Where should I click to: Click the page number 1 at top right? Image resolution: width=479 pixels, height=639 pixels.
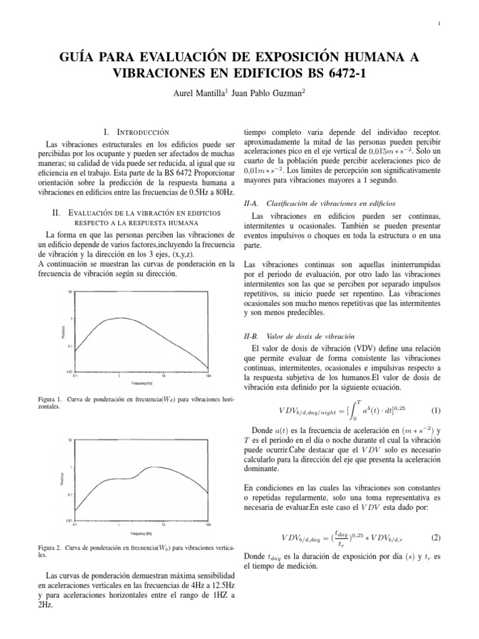(440, 25)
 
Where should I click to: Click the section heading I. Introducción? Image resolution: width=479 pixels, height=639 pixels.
(136, 132)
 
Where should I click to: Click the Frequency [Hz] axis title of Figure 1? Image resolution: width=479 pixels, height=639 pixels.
(143, 383)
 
